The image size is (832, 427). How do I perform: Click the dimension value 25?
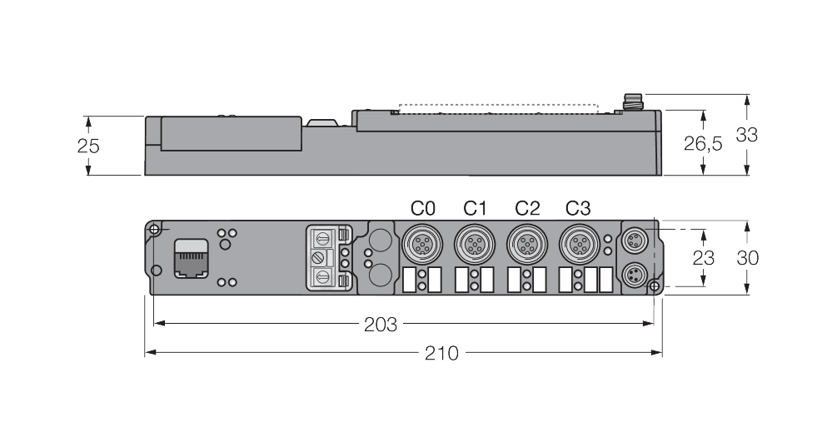point(88,146)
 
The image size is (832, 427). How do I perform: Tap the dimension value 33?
point(747,135)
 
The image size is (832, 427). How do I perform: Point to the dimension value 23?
point(704,258)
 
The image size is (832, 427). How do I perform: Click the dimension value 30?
point(747,258)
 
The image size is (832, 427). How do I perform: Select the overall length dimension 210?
point(441,353)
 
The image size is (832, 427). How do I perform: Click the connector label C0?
point(424,207)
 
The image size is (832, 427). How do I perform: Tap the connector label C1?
point(475,207)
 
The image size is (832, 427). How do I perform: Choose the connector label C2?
point(527,207)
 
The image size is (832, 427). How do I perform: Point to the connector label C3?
point(579,207)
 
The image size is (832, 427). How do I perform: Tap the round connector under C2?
point(524,245)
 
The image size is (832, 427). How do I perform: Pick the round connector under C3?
point(576,245)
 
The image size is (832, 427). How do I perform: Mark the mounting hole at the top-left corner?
point(154,230)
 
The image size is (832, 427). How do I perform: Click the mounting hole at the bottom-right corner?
point(655,287)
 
